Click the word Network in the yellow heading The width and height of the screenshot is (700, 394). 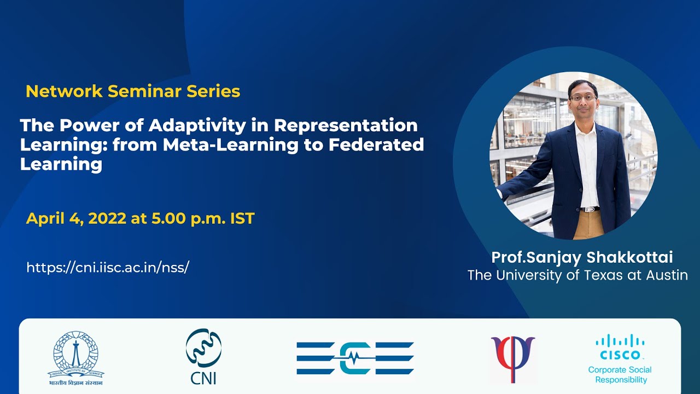pos(64,91)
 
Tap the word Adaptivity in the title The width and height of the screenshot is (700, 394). pos(197,126)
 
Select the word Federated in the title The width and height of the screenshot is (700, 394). pos(376,144)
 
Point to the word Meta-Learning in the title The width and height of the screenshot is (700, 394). pos(231,146)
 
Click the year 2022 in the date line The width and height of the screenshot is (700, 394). pos(107,218)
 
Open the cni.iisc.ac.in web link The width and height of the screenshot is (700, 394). pos(108,268)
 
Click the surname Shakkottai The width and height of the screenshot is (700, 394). pos(629,257)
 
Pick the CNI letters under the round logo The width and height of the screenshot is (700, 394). pos(203,378)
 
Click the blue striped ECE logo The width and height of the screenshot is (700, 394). pos(355,358)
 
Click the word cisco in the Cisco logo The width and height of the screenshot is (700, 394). pos(620,355)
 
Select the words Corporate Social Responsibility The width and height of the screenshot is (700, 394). pos(620,375)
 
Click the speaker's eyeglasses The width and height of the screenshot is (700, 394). pos(583,97)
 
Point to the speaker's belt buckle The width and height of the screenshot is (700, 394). pos(590,209)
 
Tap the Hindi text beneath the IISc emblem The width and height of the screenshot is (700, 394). pos(75,383)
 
